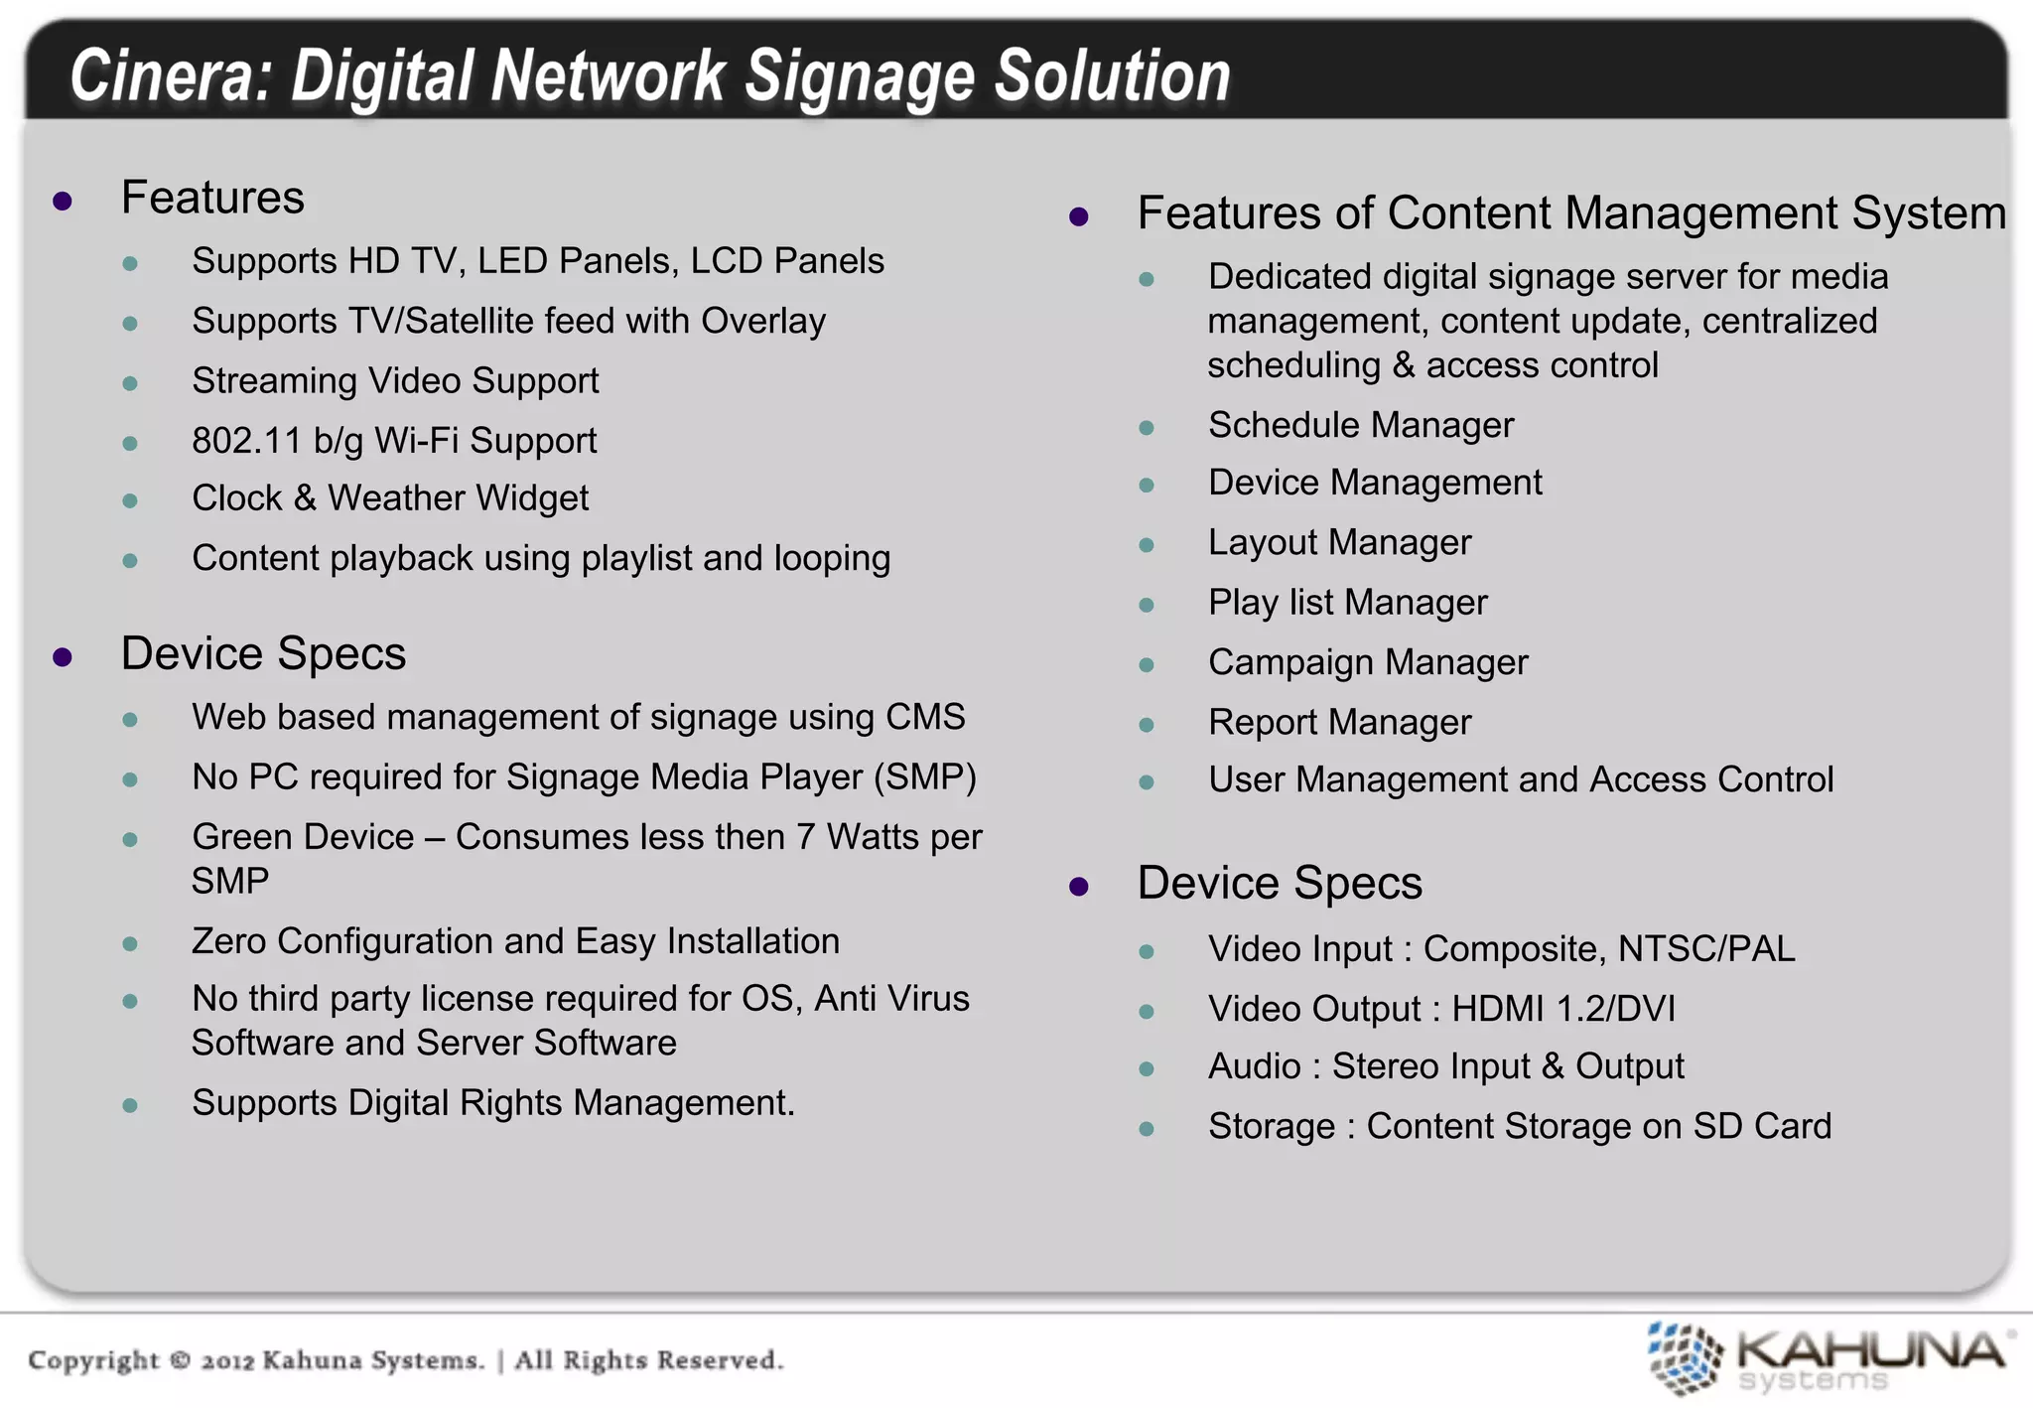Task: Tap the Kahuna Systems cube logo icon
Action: coord(1685,1357)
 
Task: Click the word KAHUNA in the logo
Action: coord(1871,1349)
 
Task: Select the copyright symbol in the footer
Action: coord(180,1359)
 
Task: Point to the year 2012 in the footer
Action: coord(227,1360)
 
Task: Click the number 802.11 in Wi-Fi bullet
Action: coord(246,441)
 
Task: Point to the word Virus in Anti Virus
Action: coord(924,999)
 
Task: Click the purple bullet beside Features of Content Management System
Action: coord(1079,216)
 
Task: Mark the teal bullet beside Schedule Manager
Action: coord(1147,428)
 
